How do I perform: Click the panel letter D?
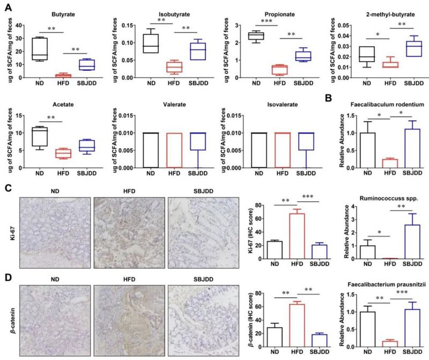tap(8, 277)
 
